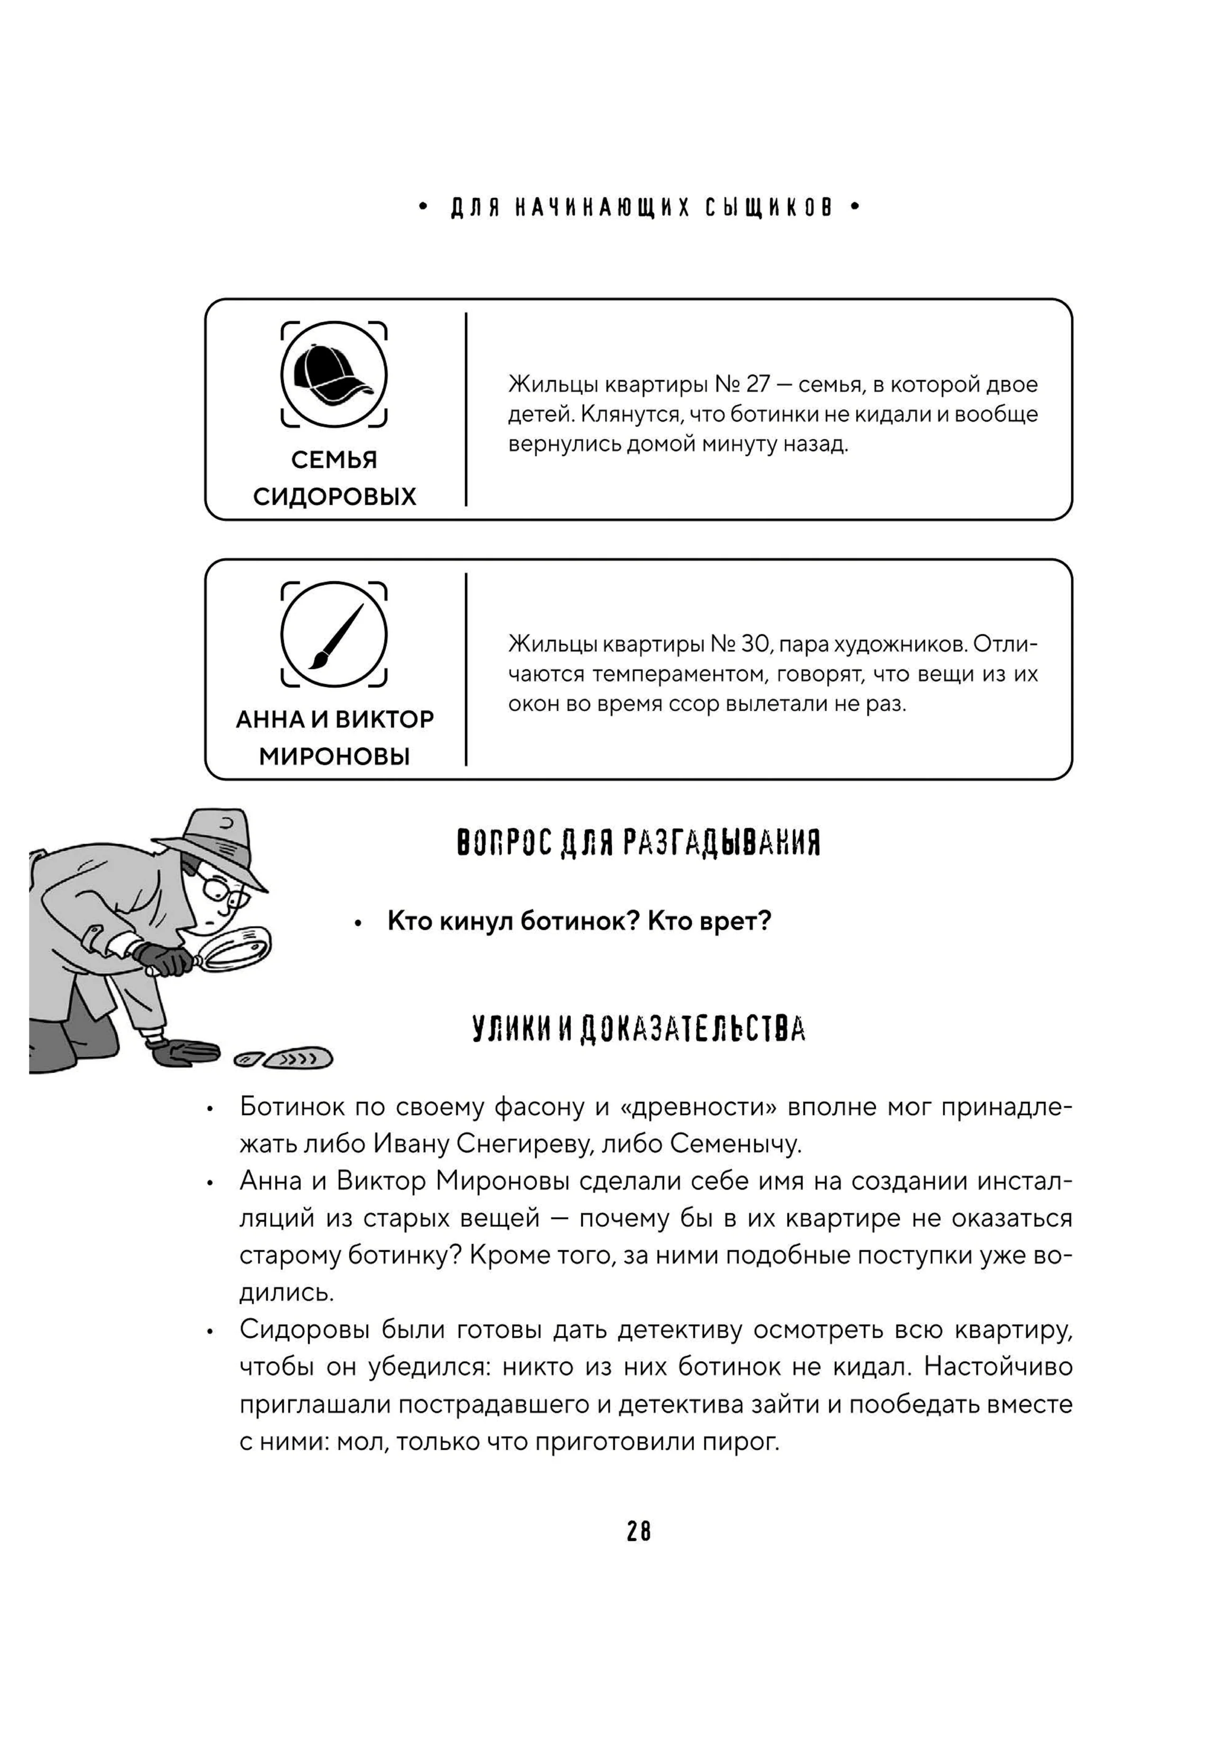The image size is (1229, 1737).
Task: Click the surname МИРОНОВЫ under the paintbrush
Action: click(x=334, y=756)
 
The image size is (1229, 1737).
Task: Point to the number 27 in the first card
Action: click(x=758, y=384)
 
